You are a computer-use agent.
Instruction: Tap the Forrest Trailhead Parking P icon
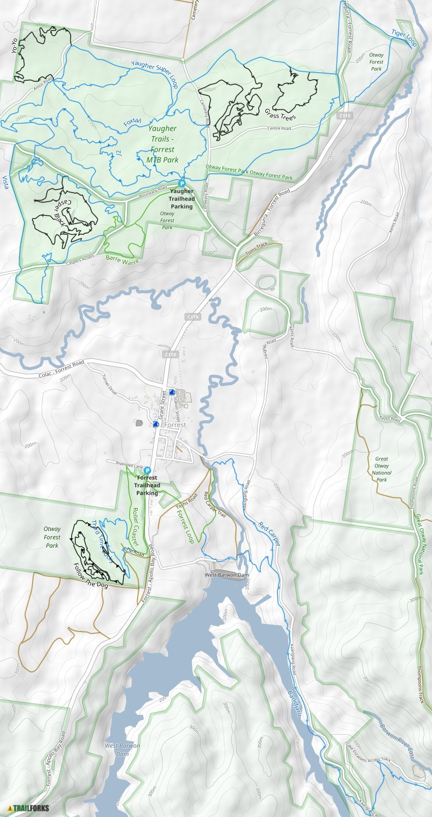147,470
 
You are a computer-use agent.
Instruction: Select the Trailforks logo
28,808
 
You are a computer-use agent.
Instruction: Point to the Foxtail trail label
132,122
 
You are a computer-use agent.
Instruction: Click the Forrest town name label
174,425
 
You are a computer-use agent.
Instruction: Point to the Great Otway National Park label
382,469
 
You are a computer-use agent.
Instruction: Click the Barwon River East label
397,742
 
